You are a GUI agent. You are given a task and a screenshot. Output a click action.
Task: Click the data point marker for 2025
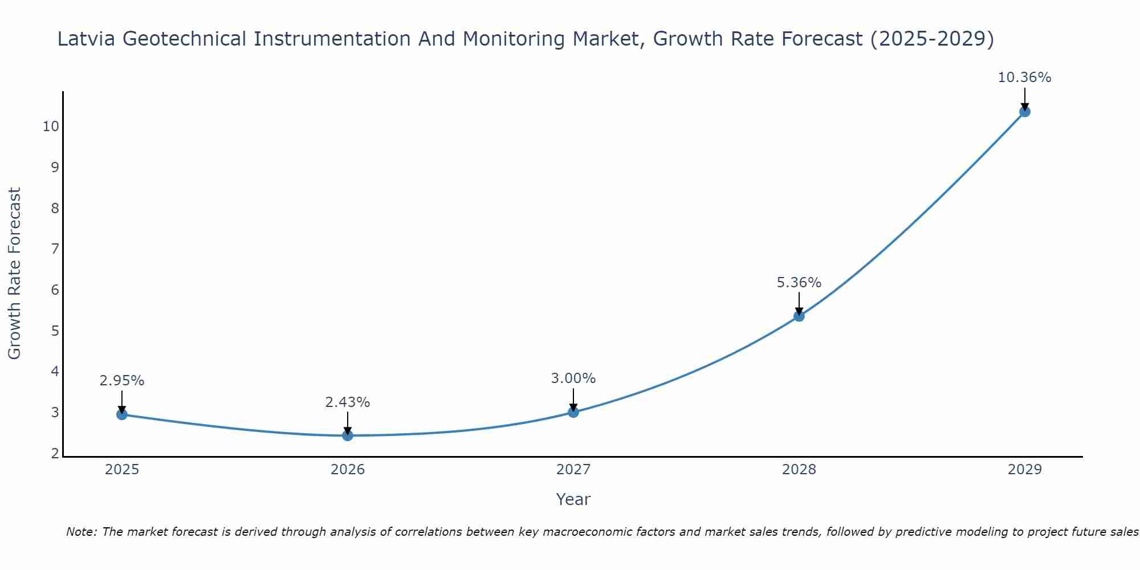pos(121,414)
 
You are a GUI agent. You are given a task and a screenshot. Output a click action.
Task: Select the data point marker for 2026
pos(348,435)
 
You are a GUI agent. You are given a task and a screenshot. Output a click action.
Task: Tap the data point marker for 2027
pos(573,412)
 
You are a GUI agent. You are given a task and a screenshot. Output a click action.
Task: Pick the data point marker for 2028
pos(799,316)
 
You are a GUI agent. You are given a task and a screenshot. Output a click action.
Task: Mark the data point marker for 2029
pos(1025,112)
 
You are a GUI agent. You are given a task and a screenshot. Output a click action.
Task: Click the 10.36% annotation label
pos(1024,78)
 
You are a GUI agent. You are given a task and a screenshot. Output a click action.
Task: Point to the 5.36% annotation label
pos(799,283)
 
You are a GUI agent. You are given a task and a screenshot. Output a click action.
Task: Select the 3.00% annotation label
pos(573,378)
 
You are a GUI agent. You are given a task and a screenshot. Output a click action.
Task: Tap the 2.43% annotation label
pos(348,402)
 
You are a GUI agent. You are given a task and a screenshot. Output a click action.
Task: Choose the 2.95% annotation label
pos(122,381)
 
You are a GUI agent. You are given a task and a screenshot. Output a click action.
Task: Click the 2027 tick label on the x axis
pos(573,470)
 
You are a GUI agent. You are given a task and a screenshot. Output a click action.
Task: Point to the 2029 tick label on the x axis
pos(1025,470)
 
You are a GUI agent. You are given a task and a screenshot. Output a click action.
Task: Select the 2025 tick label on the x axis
pos(122,470)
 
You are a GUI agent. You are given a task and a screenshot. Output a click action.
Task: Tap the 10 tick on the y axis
pos(51,127)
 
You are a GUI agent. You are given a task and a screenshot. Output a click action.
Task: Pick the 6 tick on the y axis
pos(55,290)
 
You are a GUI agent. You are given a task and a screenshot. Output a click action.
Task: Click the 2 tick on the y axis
pos(55,454)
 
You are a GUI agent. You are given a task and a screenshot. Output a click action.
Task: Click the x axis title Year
pos(573,499)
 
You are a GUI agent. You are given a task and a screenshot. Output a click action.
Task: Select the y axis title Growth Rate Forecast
pos(14,274)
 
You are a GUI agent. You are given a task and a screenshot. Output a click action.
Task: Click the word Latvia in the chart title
pos(86,39)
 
